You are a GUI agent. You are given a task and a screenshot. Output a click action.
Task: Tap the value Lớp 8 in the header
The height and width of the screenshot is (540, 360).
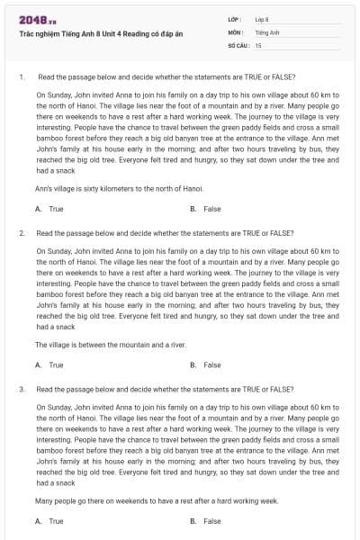(261, 19)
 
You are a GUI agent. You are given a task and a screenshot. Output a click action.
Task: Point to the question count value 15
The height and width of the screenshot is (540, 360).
(258, 44)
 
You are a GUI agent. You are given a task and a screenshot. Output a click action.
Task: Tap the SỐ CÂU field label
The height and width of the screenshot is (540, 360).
(238, 44)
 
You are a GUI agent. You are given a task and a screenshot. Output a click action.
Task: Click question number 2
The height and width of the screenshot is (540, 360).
(21, 232)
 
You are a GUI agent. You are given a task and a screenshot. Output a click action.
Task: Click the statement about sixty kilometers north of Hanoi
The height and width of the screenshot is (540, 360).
(119, 188)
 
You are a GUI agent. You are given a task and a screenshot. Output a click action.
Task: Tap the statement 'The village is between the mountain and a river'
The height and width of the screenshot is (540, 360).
(111, 345)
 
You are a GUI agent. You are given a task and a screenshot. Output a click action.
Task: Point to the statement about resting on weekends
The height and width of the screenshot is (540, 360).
(157, 500)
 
